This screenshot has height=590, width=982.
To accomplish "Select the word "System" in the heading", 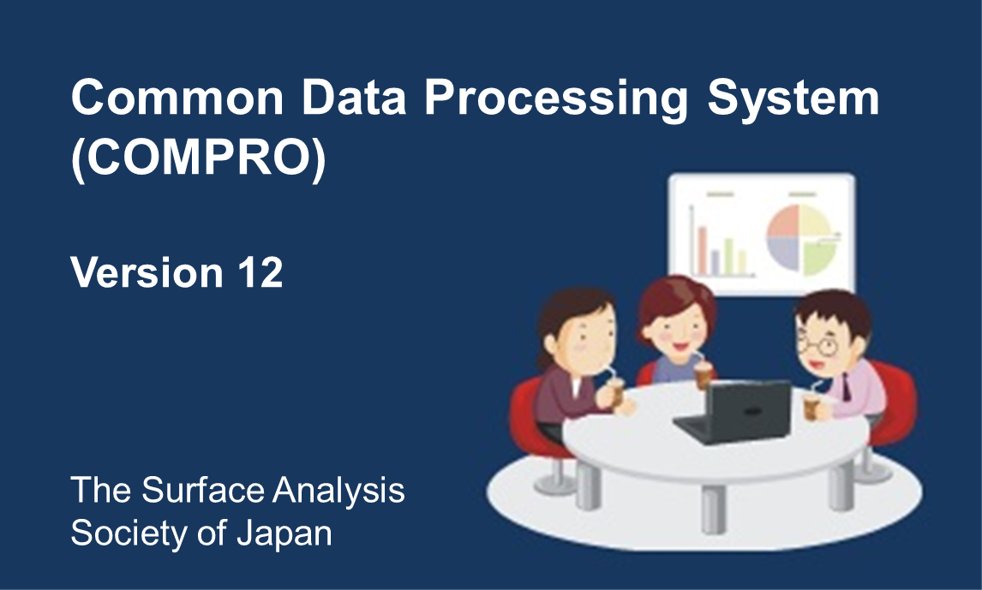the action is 793,99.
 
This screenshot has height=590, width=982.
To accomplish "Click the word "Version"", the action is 147,272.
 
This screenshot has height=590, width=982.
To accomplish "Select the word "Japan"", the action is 284,533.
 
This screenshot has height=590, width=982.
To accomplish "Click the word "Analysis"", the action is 338,491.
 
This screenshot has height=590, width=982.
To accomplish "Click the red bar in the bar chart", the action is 703,250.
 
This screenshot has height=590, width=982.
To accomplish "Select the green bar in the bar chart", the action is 729,256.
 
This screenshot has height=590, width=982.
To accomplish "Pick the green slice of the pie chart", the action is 818,256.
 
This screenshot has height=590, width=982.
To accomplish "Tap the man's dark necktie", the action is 846,387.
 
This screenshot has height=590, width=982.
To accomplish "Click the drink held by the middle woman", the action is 703,374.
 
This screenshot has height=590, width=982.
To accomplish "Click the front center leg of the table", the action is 713,510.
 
